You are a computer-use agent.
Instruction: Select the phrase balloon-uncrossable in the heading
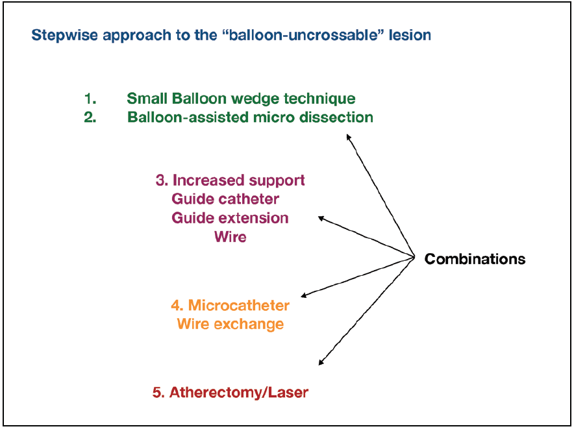click(x=304, y=35)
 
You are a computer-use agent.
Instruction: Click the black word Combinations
click(x=475, y=259)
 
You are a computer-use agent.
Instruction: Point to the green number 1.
click(x=90, y=99)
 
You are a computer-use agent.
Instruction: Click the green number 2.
click(x=90, y=117)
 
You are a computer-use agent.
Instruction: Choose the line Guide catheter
click(x=225, y=199)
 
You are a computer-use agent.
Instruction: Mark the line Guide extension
click(x=230, y=217)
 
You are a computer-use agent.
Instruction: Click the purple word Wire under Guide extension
click(x=230, y=237)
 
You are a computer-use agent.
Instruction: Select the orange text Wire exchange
click(x=230, y=323)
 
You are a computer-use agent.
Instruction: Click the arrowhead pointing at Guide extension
click(x=320, y=218)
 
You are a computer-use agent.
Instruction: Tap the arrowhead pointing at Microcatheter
click(x=305, y=295)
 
